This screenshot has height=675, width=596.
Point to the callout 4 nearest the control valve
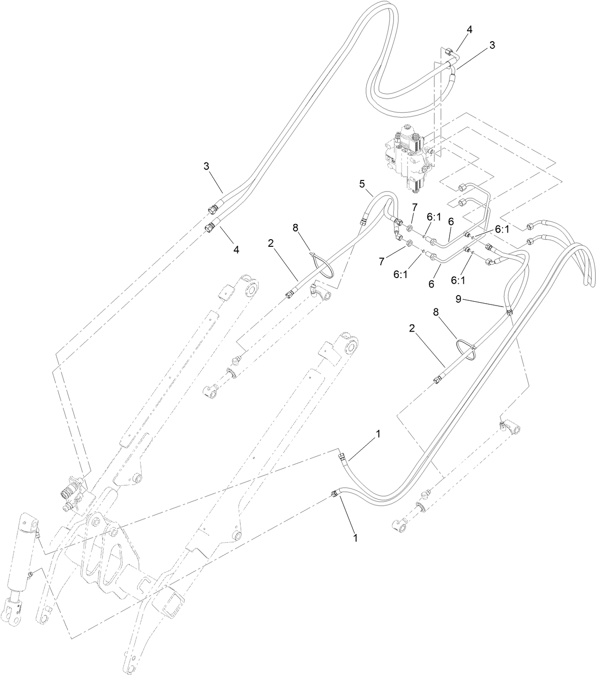(x=469, y=29)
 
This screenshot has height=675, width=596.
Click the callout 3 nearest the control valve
(x=492, y=45)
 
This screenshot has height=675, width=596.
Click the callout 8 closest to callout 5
(x=296, y=228)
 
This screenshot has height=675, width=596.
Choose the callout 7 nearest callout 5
(x=414, y=207)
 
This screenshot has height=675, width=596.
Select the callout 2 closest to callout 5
(x=271, y=243)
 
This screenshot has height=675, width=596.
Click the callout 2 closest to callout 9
(x=412, y=328)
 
